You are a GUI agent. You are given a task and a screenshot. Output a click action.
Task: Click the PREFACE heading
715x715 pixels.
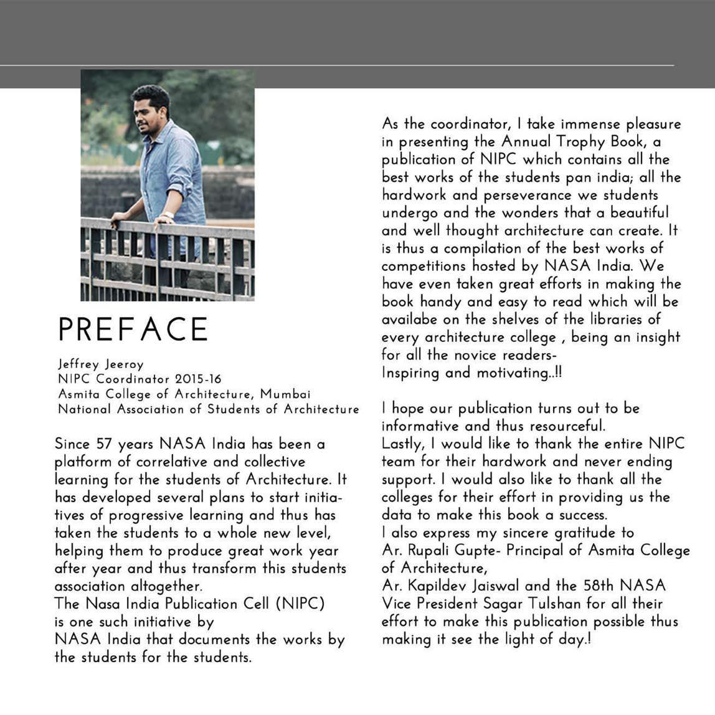133,329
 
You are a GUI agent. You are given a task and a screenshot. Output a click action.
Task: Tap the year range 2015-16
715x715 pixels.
198,379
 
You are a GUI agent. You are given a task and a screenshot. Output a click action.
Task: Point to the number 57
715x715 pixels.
103,445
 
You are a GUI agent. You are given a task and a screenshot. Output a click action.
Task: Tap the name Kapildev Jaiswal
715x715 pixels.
461,586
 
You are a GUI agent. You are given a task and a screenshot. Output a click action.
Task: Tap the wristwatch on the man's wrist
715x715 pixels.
167,215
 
